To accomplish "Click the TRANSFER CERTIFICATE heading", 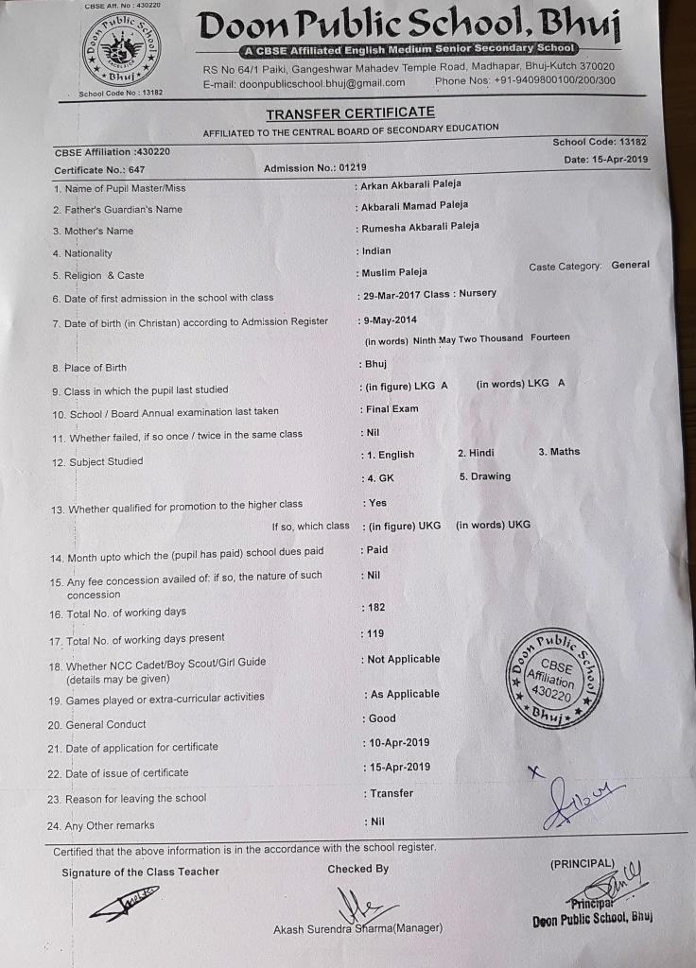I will tap(350, 113).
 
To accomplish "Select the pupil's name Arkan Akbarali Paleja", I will tap(411, 184).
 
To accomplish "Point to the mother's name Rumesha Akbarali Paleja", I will tap(420, 227).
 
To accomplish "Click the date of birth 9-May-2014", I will tap(391, 320).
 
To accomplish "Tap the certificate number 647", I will tap(136, 170).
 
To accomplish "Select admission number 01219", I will tap(352, 167).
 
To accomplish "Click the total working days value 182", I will tap(375, 606).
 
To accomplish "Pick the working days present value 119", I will tap(375, 633).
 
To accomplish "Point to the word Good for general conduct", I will tap(382, 718).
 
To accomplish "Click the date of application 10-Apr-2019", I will tap(400, 742).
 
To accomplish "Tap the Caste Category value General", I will tap(630, 265).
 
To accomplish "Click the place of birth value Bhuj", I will tap(376, 364).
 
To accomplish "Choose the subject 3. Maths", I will tap(559, 452).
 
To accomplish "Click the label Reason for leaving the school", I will tap(135, 798).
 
